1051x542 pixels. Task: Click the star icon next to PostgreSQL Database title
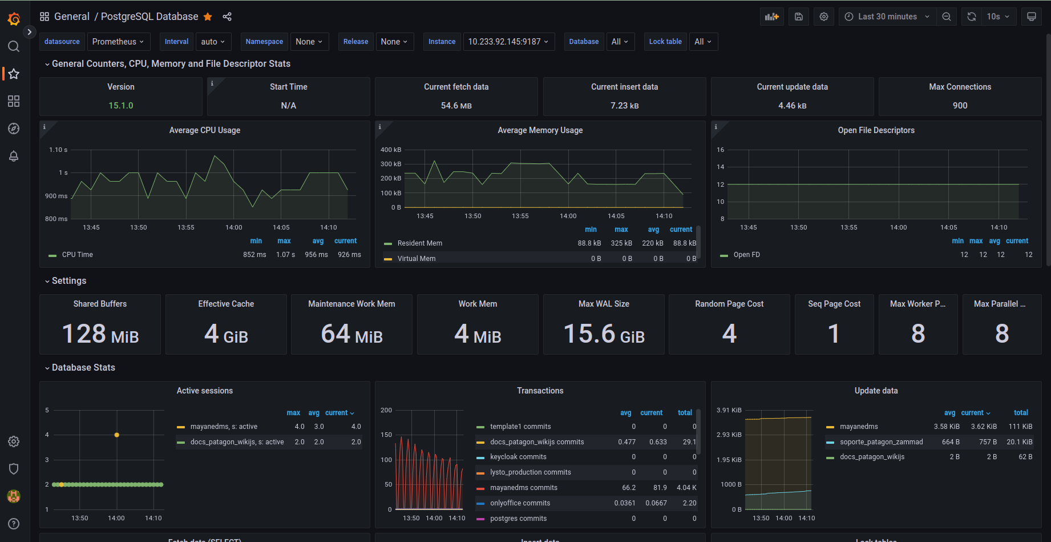(x=208, y=17)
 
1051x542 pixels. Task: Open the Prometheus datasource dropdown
(x=118, y=42)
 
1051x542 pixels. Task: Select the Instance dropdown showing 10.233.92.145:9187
(x=508, y=42)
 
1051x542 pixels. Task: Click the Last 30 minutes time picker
(x=888, y=17)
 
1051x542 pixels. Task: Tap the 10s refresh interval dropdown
(x=998, y=17)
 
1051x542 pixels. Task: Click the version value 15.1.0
(x=121, y=106)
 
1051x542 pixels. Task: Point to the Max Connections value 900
(x=960, y=106)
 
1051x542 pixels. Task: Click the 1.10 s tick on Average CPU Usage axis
(x=58, y=150)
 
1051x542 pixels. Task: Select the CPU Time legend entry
(x=77, y=255)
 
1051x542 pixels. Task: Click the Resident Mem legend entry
(x=419, y=243)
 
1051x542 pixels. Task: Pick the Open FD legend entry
(x=746, y=255)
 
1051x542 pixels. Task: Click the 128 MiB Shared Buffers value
(x=100, y=334)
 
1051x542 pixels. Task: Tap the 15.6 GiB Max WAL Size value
(x=604, y=334)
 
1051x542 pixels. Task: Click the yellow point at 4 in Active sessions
(x=116, y=435)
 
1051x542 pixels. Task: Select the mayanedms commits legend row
(x=523, y=488)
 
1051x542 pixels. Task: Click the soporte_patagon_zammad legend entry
(x=881, y=442)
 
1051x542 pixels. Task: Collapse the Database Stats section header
(x=83, y=368)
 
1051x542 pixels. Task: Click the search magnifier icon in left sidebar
(x=14, y=46)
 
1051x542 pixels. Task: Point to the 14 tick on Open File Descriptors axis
(x=721, y=167)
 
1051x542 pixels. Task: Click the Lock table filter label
(x=665, y=42)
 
